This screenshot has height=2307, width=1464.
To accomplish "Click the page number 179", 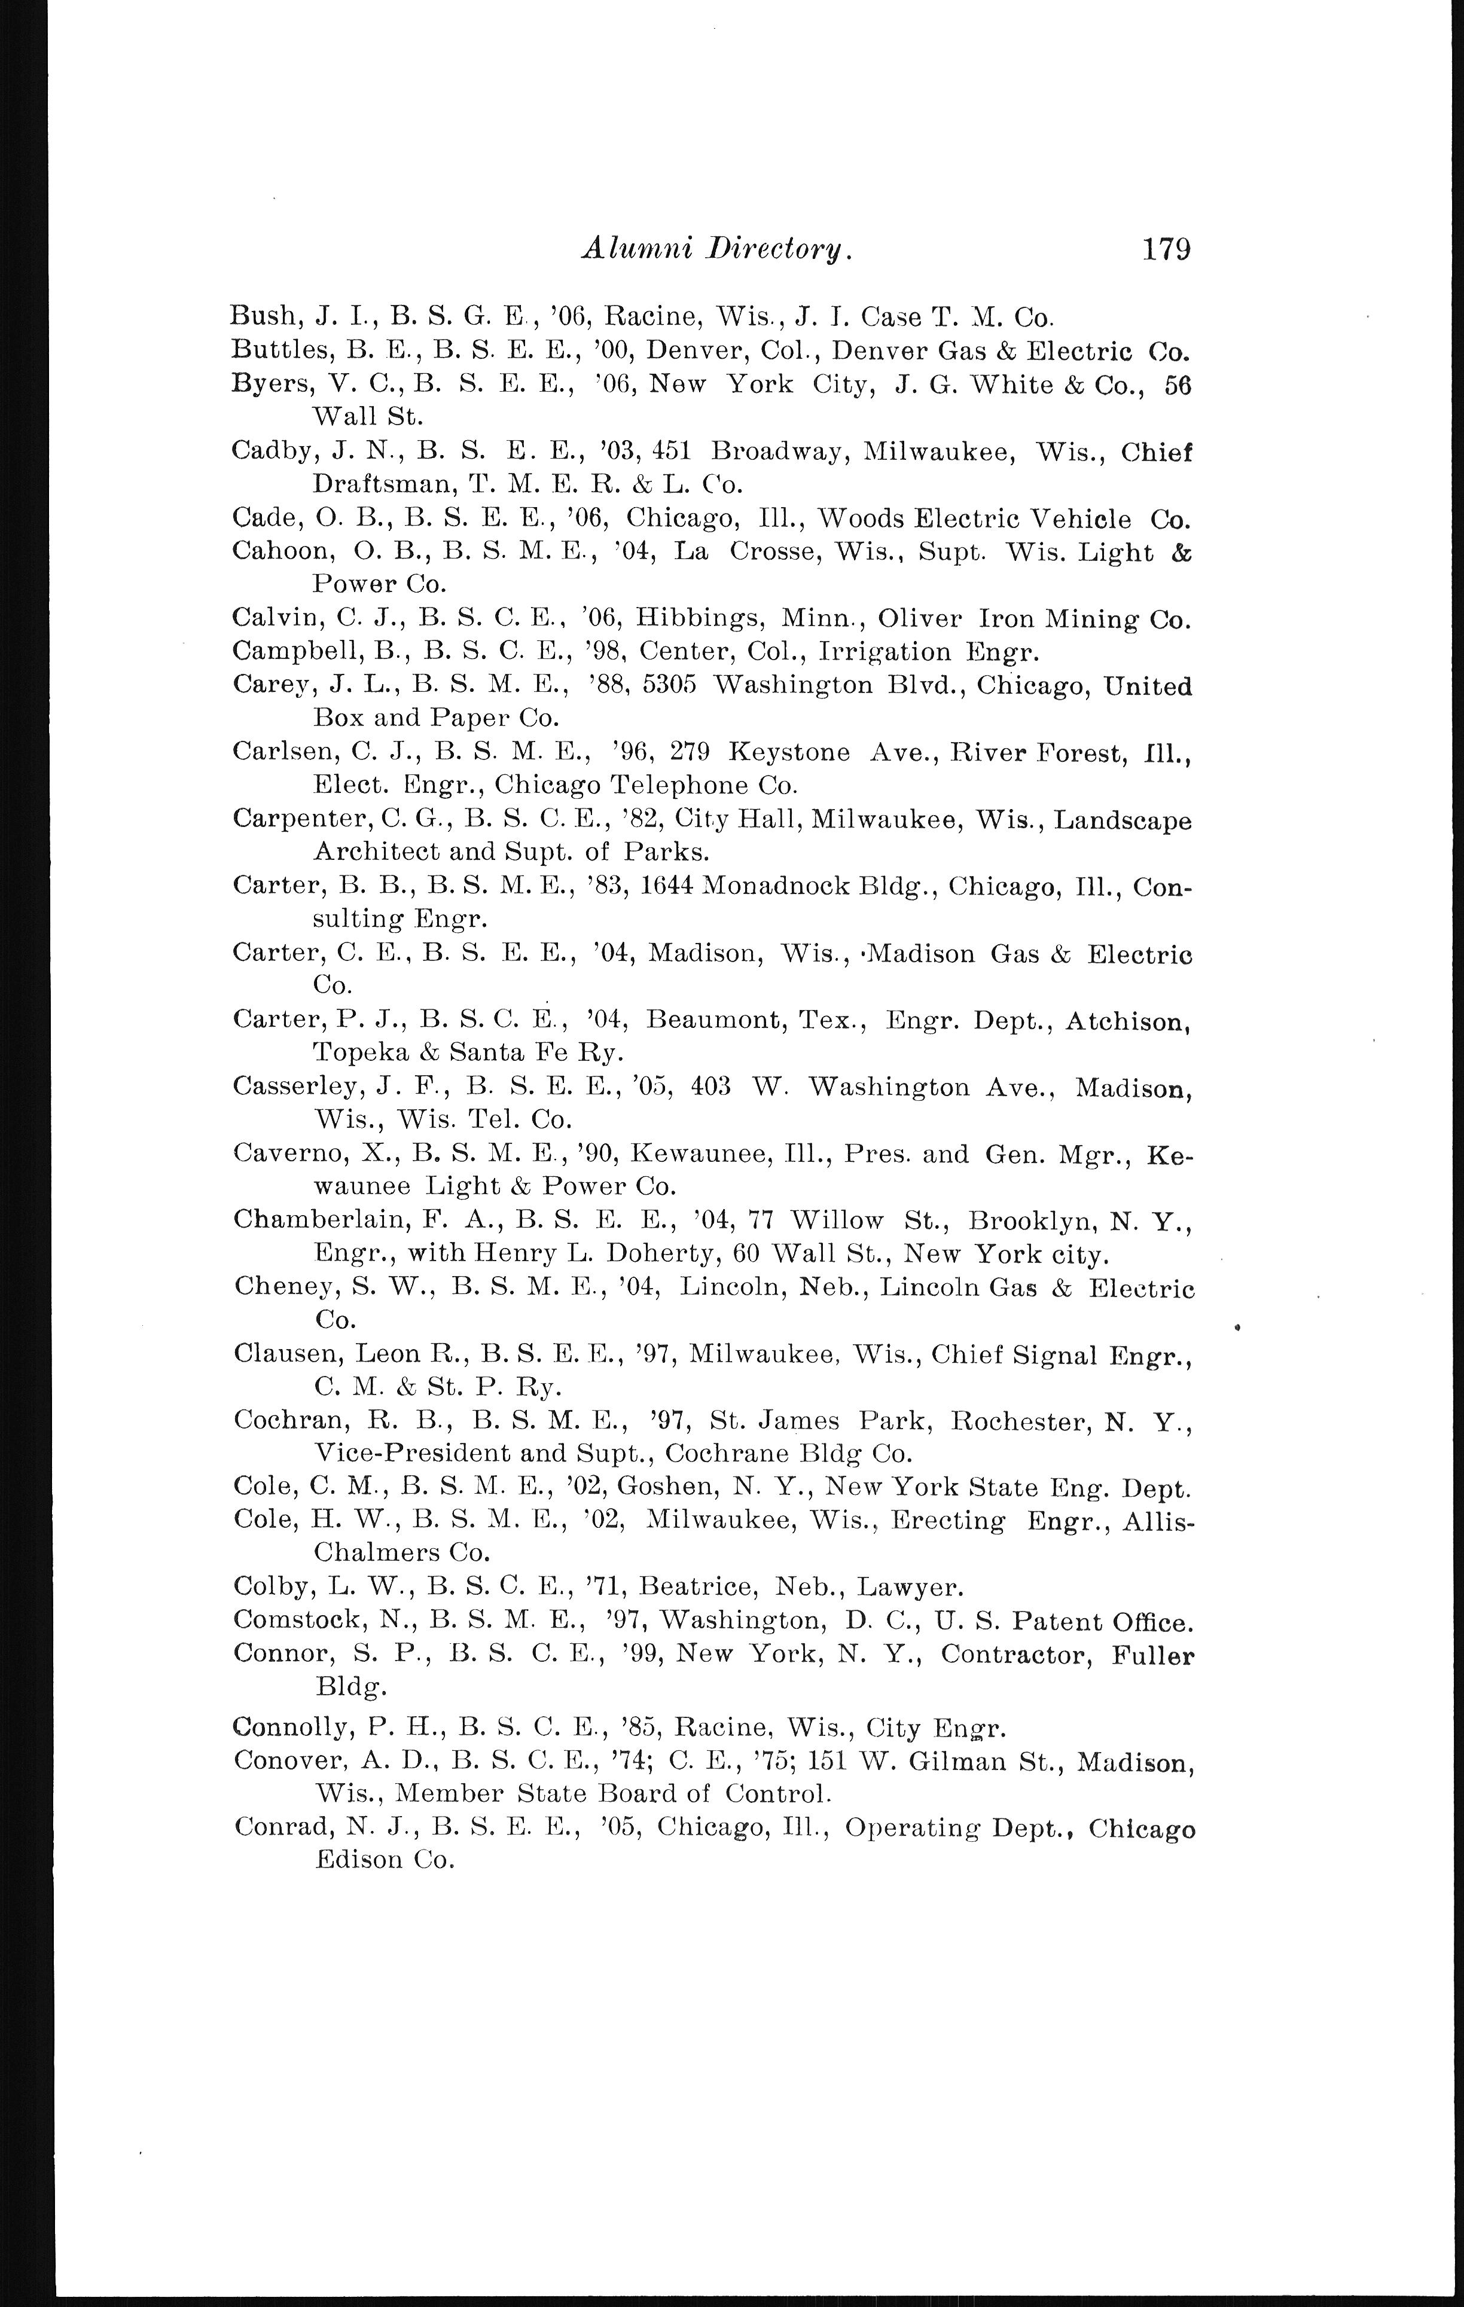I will click(x=1165, y=250).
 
